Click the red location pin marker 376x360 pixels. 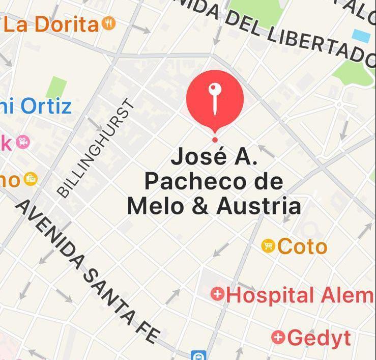pos(215,99)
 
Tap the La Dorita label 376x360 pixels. pos(50,24)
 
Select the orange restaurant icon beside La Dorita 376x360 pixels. pos(109,23)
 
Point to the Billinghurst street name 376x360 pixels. pos(96,148)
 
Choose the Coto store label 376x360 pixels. pos(302,246)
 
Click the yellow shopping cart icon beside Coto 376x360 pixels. pos(268,246)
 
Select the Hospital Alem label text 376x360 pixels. pos(300,295)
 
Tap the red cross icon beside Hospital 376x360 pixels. pos(218,294)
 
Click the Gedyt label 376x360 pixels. pos(319,337)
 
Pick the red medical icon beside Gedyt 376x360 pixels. pos(278,337)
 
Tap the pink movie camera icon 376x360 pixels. pos(22,142)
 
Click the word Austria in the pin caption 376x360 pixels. pos(258,206)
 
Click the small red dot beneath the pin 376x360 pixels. pos(215,140)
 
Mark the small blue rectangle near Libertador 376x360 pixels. pos(362,36)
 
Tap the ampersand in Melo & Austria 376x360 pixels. pos(203,206)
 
